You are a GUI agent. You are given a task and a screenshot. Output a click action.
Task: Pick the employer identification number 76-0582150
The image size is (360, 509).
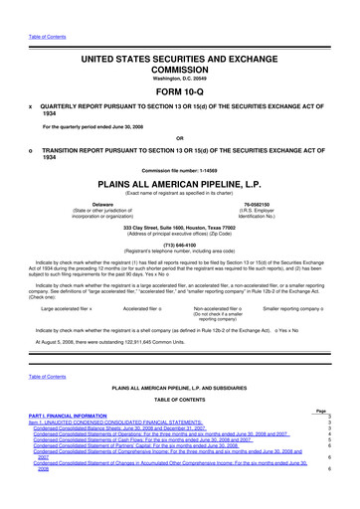[266, 207]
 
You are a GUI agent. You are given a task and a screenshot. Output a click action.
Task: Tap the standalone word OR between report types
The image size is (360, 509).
[179, 137]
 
